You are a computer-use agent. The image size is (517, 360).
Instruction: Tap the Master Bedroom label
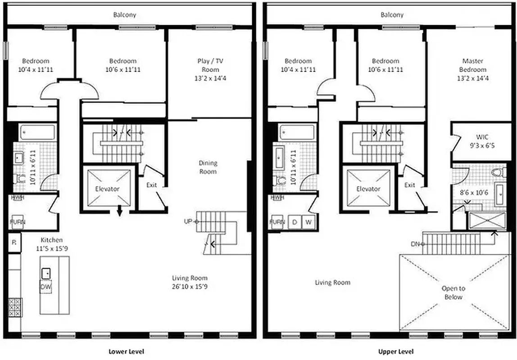(473, 65)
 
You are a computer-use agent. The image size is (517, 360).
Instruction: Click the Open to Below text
(454, 292)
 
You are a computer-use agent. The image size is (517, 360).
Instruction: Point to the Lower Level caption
(127, 351)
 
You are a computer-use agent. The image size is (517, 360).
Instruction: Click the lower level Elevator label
(107, 189)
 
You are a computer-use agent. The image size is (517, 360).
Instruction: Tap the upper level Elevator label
(368, 189)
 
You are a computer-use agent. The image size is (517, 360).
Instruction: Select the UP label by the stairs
(188, 221)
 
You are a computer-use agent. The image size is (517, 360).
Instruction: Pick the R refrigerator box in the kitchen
(14, 243)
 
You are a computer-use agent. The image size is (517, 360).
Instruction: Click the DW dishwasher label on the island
(45, 287)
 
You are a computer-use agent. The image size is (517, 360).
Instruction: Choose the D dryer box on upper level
(295, 222)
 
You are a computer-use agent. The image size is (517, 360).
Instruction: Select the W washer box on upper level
(308, 222)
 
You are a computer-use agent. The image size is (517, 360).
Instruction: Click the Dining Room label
(208, 167)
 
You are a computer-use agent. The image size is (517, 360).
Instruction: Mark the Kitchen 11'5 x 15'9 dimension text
(52, 247)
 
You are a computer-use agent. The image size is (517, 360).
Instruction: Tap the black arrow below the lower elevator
(119, 212)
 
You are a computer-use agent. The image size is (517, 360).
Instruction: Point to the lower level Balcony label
(125, 15)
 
